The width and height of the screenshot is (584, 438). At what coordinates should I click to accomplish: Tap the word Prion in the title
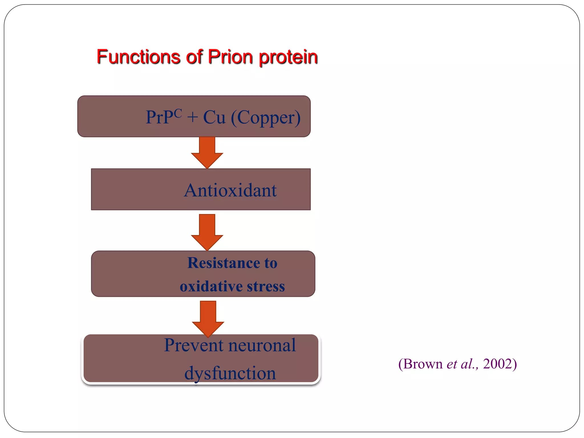(x=230, y=57)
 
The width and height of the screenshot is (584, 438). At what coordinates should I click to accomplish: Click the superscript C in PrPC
(x=177, y=113)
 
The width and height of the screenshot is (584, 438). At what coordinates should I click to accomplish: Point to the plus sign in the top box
(x=192, y=117)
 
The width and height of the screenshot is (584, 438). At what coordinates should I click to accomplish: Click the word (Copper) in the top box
(x=265, y=117)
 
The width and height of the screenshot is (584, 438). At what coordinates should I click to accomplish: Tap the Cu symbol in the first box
(x=214, y=117)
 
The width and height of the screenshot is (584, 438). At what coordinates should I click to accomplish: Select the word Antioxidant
(x=230, y=190)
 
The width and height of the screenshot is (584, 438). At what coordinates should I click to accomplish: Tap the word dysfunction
(x=230, y=373)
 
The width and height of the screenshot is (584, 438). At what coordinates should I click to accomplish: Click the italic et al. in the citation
(x=462, y=364)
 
